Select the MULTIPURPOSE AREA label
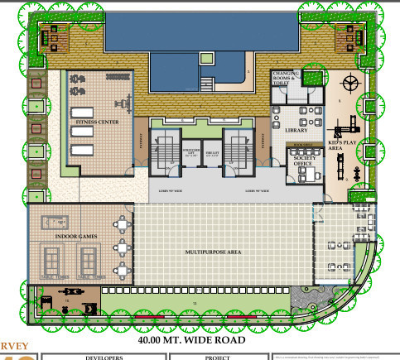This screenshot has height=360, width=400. [x=212, y=250]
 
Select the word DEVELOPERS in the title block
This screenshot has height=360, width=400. [x=104, y=358]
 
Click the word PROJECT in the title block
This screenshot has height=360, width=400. [x=217, y=358]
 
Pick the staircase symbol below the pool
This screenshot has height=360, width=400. [x=207, y=83]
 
